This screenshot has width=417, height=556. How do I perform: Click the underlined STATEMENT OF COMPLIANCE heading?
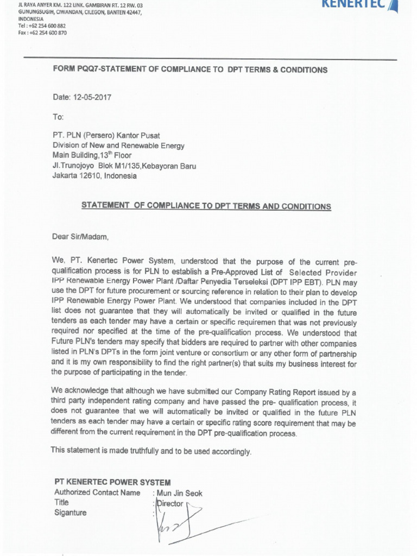(206, 206)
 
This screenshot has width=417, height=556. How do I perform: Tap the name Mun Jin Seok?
(180, 493)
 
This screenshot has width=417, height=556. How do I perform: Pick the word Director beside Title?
(170, 503)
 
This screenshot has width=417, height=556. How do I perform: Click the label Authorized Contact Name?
(97, 492)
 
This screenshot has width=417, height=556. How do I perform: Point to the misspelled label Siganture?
(70, 513)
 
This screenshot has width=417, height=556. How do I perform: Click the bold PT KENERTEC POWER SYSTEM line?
(113, 482)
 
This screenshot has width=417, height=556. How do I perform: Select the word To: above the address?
(58, 117)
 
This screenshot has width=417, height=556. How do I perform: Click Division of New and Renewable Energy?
(118, 146)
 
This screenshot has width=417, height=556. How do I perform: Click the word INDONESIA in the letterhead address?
(31, 18)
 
